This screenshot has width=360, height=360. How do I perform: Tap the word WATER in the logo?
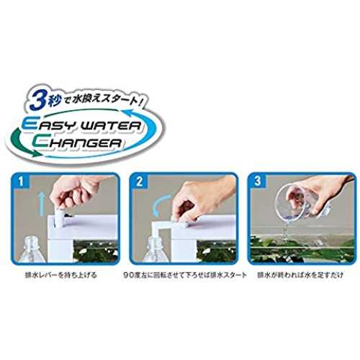click(x=109, y=125)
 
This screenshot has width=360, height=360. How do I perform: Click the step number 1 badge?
click(x=21, y=181)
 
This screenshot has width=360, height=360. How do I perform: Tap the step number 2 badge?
click(x=140, y=181)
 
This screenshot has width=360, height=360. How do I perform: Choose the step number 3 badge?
click(x=258, y=181)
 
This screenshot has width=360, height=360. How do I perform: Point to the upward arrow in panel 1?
click(x=42, y=203)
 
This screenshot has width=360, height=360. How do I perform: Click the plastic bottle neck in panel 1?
click(x=32, y=243)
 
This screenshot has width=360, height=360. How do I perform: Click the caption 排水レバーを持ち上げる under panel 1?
click(x=61, y=275)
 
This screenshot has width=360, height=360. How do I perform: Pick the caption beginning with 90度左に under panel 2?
click(x=185, y=275)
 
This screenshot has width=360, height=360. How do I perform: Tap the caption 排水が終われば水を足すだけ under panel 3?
click(x=300, y=275)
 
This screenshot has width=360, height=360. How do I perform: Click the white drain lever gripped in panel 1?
click(x=58, y=217)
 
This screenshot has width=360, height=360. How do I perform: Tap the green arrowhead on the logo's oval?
click(x=35, y=153)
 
